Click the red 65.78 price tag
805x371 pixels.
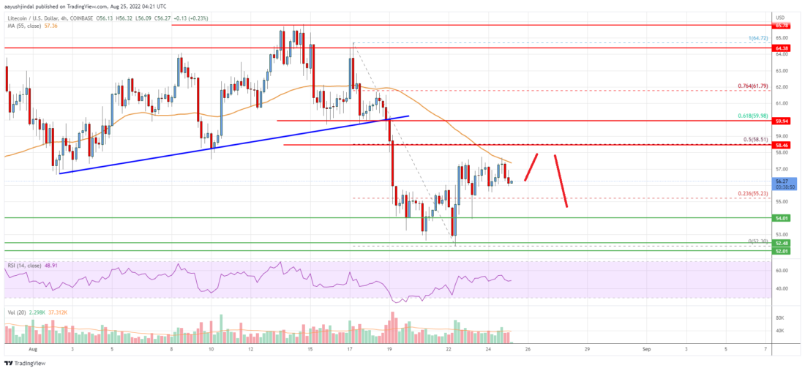pyautogui.click(x=782, y=25)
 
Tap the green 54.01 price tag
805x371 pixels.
pyautogui.click(x=782, y=218)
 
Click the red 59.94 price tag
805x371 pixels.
pyautogui.click(x=782, y=120)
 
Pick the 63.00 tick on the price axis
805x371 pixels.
pyautogui.click(x=782, y=71)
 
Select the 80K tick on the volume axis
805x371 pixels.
pyautogui.click(x=780, y=318)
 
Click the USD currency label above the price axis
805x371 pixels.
pyautogui.click(x=780, y=17)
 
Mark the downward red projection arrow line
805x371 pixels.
pyautogui.click(x=561, y=181)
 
